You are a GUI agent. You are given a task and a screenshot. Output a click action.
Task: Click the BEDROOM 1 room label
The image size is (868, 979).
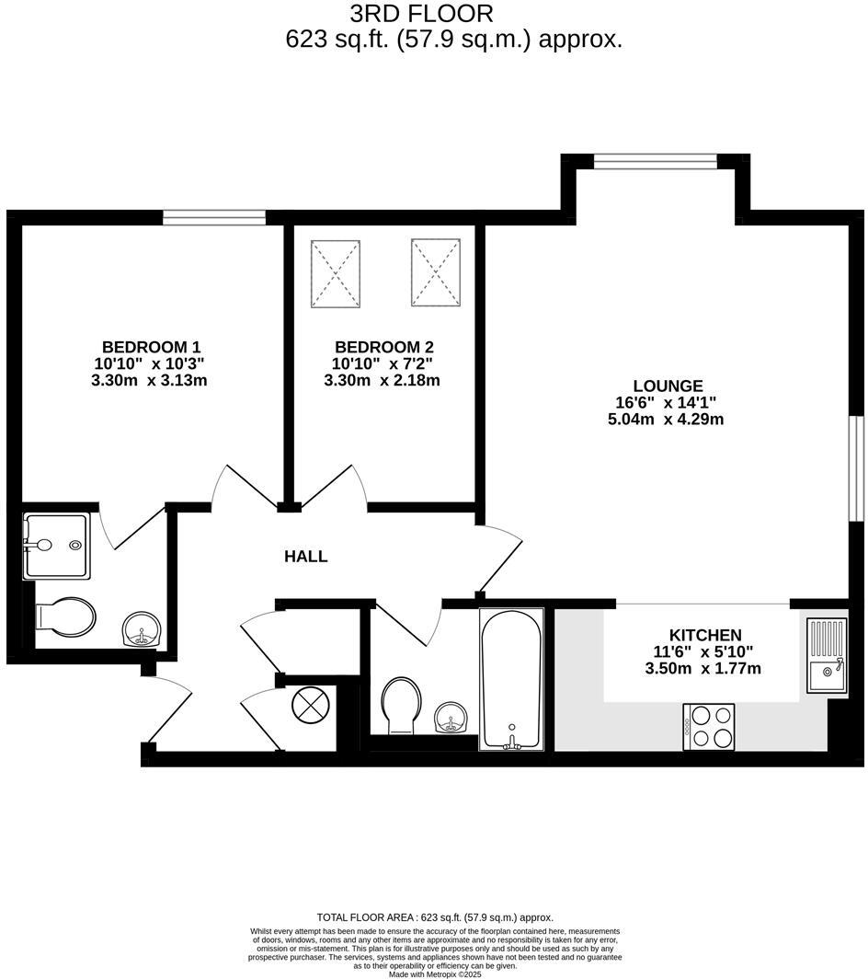pos(151,347)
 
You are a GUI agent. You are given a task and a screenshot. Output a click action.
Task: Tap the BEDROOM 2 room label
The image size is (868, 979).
pos(383,347)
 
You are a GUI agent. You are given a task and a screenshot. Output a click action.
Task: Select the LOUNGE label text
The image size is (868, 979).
pos(668,386)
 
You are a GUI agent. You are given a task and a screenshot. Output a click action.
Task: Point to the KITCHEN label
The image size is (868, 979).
pos(704,635)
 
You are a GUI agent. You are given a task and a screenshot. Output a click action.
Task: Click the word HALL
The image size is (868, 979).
pos(305,557)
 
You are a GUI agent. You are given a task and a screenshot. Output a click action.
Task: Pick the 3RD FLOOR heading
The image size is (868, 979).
pos(422,14)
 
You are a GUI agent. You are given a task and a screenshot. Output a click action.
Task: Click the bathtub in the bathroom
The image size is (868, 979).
pos(511,678)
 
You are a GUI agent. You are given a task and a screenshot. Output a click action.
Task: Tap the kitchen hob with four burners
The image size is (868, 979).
pos(708,726)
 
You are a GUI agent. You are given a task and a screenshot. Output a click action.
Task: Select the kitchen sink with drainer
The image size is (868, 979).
pos(827,655)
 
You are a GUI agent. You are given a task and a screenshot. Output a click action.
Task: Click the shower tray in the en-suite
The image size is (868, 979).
pos(57,546)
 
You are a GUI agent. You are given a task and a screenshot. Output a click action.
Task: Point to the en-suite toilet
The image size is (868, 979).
pos(64,618)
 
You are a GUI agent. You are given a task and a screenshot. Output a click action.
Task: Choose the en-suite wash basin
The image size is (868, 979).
pos(142,630)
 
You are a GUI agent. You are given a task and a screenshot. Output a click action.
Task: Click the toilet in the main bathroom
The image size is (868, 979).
pos(401,704)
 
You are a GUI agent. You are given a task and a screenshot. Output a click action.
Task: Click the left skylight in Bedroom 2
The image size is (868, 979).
pos(336,273)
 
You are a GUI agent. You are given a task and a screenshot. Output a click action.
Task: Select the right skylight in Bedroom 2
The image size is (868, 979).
pos(435,271)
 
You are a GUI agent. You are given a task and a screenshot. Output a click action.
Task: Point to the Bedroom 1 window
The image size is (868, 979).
pos(214,217)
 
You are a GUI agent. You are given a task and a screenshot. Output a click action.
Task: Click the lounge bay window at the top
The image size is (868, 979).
pos(655,162)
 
